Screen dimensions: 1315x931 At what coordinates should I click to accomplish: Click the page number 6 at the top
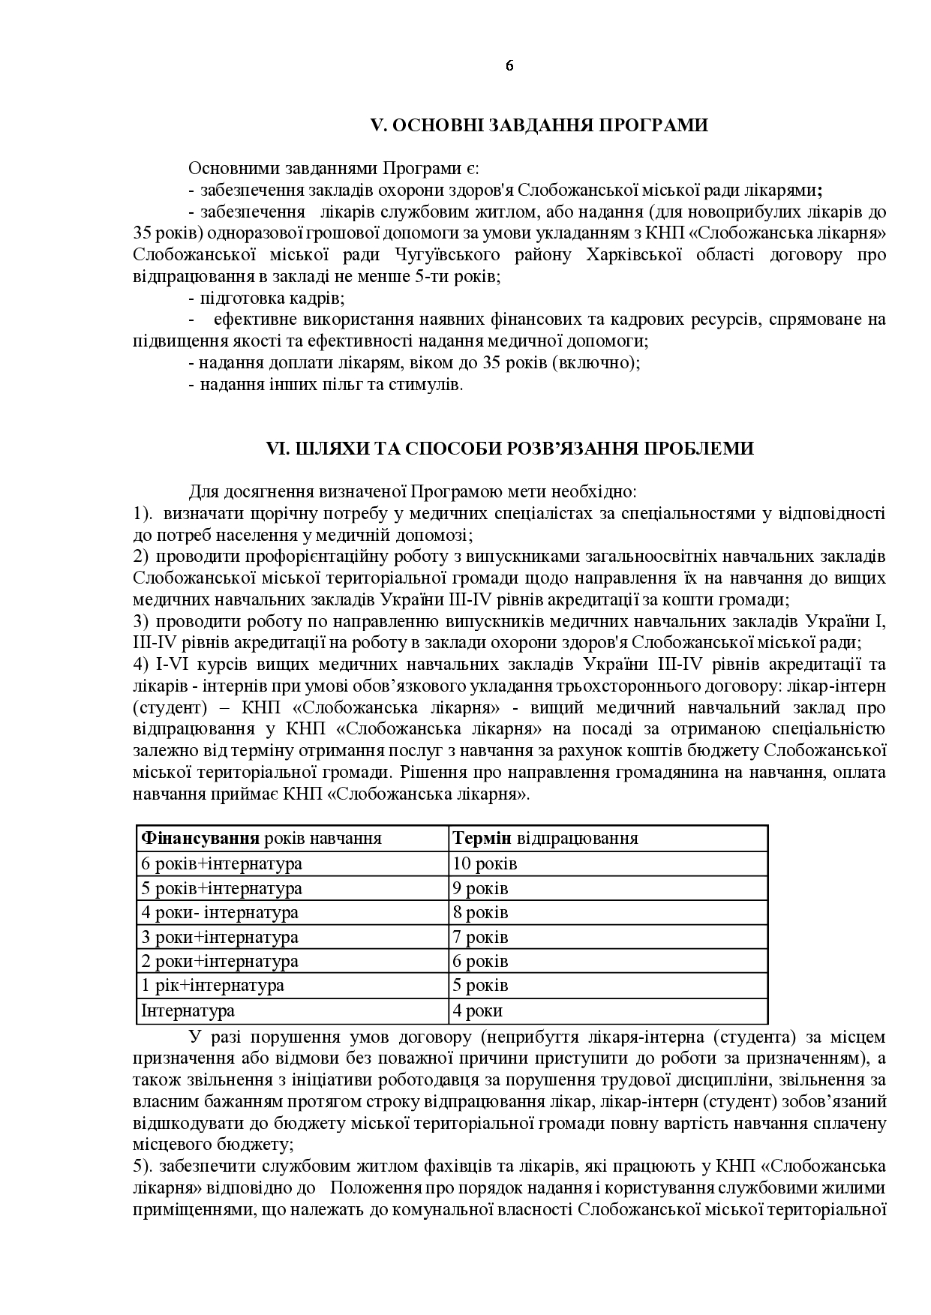coord(509,65)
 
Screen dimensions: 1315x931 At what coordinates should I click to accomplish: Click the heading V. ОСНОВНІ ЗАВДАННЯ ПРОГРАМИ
coord(540,125)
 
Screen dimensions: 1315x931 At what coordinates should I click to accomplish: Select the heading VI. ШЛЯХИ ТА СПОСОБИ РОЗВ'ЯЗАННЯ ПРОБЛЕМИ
coord(510,449)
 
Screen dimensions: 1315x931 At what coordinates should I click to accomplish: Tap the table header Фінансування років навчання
coord(262,838)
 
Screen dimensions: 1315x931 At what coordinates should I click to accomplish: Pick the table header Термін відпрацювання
coord(545,838)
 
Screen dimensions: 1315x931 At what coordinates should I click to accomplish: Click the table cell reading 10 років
coord(485,863)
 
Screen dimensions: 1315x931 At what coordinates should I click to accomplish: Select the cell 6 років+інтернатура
coord(222,863)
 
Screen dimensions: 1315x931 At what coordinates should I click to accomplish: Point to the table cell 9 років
coord(481,888)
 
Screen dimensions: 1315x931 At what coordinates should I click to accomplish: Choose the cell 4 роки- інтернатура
coord(220,912)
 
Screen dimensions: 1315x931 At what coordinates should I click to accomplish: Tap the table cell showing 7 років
coord(481,937)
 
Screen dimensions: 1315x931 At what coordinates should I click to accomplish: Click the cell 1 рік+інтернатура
coord(213,985)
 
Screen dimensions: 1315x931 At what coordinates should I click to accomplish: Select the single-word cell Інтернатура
coord(188,1010)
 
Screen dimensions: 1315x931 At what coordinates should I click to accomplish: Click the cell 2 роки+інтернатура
coord(220,961)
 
